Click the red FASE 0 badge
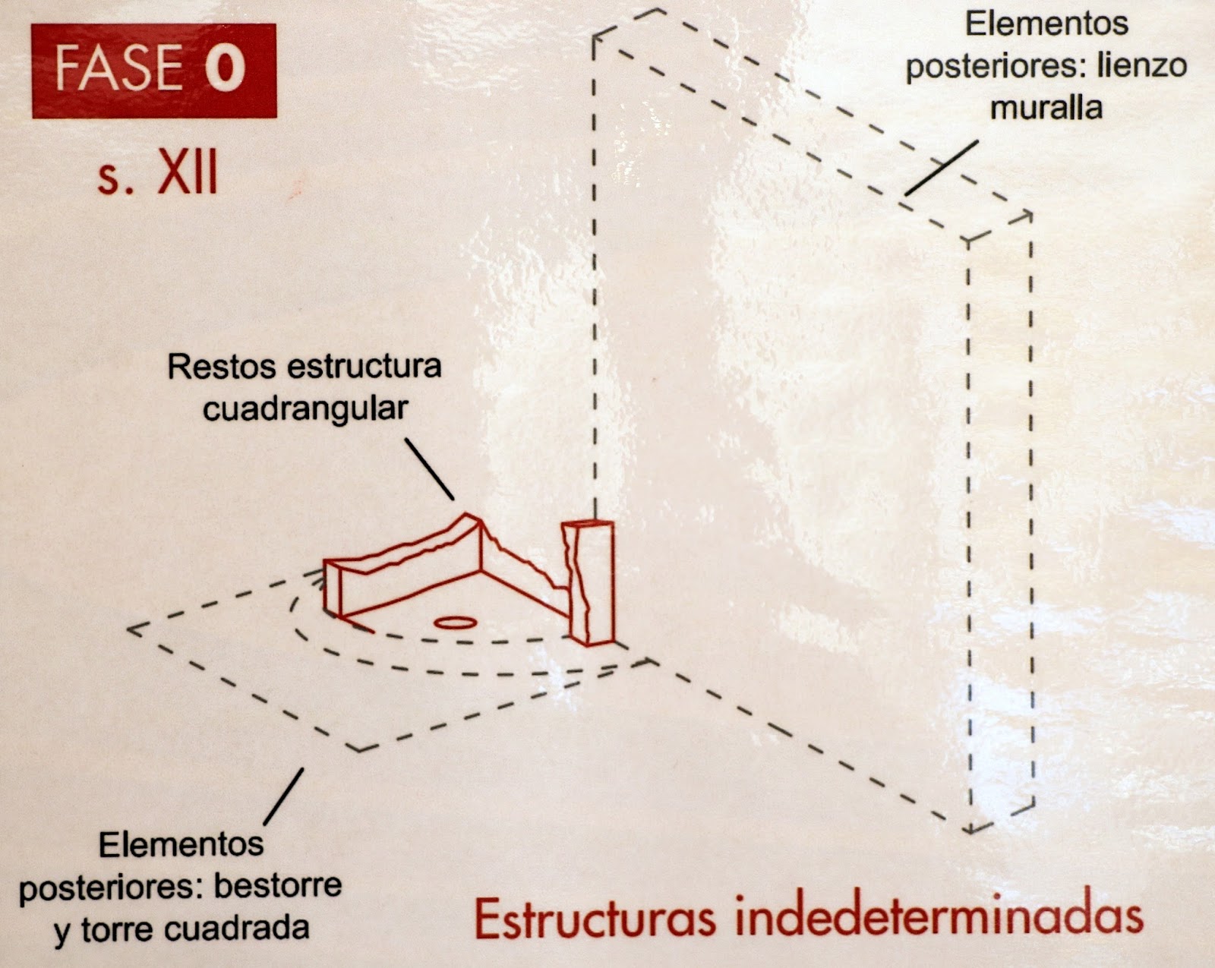click(x=153, y=71)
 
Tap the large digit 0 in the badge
click(x=225, y=68)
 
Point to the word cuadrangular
click(x=305, y=410)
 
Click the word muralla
click(x=1046, y=108)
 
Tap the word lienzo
click(x=1142, y=65)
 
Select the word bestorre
click(x=277, y=886)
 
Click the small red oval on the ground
click(x=456, y=623)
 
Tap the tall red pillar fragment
click(x=589, y=582)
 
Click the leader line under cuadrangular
click(x=430, y=468)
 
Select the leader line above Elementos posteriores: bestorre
click(x=284, y=796)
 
